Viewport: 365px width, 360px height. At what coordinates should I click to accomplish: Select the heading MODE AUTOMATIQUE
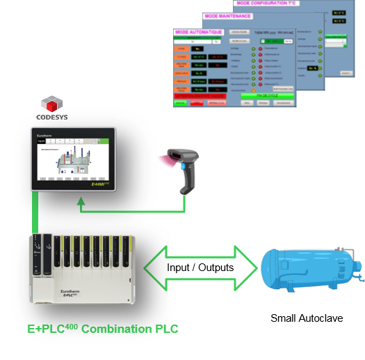click(199, 33)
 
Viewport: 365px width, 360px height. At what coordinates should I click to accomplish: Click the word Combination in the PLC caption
click(113, 328)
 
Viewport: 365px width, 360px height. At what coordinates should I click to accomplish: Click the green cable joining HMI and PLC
click(35, 213)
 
